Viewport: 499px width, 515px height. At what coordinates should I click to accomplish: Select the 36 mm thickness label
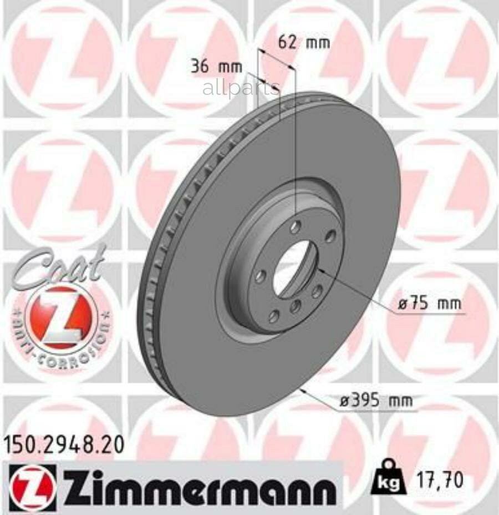click(216, 67)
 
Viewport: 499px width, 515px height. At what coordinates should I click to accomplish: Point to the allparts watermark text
click(241, 88)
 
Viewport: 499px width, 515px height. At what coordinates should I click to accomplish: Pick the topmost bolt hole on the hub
click(296, 226)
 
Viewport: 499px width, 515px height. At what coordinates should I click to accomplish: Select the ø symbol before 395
click(344, 401)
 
